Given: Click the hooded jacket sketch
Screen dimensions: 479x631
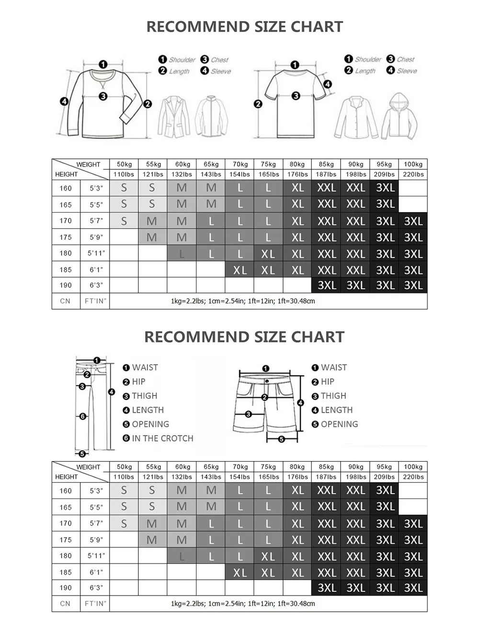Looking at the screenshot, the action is [x=399, y=116].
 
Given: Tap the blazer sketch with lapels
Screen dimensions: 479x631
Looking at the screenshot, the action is [x=174, y=116].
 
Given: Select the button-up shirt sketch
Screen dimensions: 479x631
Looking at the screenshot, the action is [x=356, y=117].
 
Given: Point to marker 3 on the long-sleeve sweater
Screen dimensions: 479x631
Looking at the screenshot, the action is [x=103, y=96].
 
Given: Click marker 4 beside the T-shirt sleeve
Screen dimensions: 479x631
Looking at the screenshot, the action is [x=328, y=84].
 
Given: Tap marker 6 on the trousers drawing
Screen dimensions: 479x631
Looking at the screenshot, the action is [x=82, y=416].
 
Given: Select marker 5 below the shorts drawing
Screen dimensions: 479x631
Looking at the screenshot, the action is [x=282, y=439].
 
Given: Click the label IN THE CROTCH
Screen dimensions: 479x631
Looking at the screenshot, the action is [x=162, y=439].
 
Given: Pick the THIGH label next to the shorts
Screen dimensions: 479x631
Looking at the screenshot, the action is [x=333, y=396].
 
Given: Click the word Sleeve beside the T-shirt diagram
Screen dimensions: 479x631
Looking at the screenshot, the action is [x=407, y=71].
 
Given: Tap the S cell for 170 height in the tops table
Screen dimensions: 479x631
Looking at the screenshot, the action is [x=124, y=221].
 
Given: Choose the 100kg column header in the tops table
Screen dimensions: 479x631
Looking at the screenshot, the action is [x=413, y=164].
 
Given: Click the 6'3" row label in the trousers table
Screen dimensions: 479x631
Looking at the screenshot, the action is [x=96, y=587].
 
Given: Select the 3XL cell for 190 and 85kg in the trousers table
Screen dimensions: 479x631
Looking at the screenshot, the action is [x=327, y=588].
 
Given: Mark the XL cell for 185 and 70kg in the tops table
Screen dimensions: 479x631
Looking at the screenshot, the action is [x=240, y=270].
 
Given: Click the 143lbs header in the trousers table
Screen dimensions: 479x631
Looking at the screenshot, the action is [x=211, y=477].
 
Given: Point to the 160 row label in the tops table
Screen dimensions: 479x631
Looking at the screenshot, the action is [x=66, y=188].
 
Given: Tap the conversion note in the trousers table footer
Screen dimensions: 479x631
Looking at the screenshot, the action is [x=243, y=603].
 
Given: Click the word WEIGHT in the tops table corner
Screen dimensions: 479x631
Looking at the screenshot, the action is [x=88, y=164].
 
